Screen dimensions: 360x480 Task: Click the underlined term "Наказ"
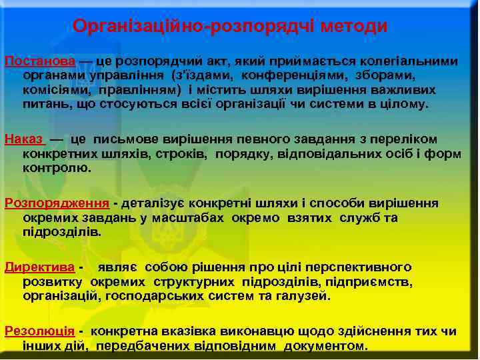tap(24, 139)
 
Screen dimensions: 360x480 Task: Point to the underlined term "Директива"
tap(39, 267)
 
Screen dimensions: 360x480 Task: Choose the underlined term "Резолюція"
tap(39, 331)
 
